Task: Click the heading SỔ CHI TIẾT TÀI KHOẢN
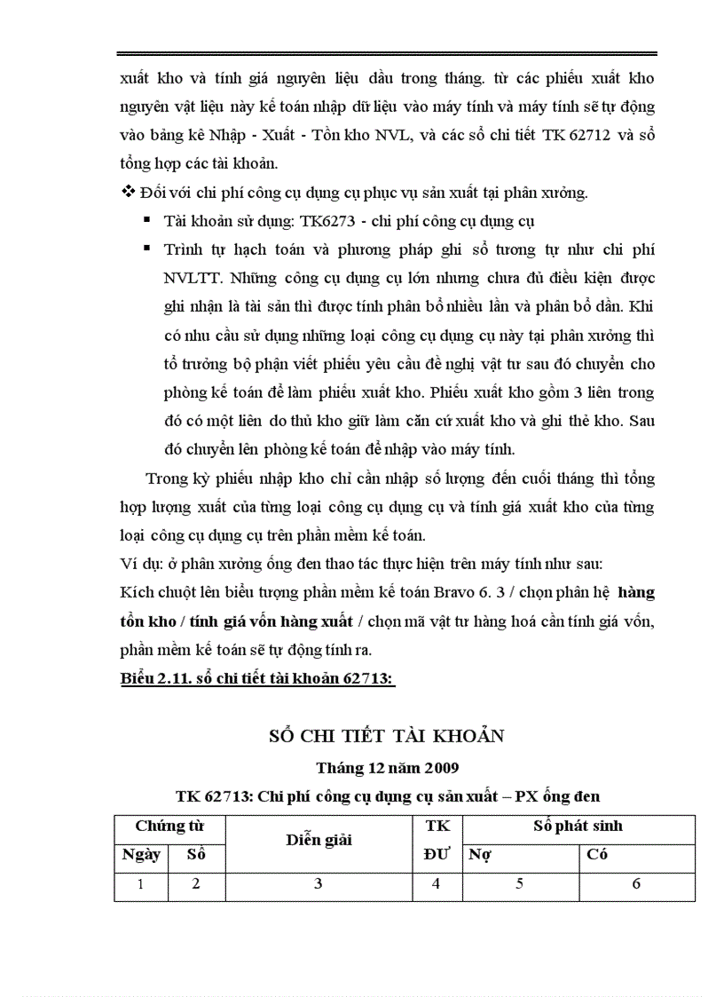coord(386,736)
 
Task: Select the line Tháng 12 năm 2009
coord(387,766)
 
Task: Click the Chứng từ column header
coord(169,827)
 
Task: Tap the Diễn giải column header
coord(319,840)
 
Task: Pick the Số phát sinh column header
coord(578,827)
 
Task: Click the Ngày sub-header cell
coord(141,855)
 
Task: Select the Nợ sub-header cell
coord(480,855)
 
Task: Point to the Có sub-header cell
coord(597,855)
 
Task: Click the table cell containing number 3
coord(319,884)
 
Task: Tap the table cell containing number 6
coord(636,884)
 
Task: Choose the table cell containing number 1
coord(141,884)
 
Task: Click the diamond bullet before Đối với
coord(125,191)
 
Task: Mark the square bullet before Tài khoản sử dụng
coord(145,219)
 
